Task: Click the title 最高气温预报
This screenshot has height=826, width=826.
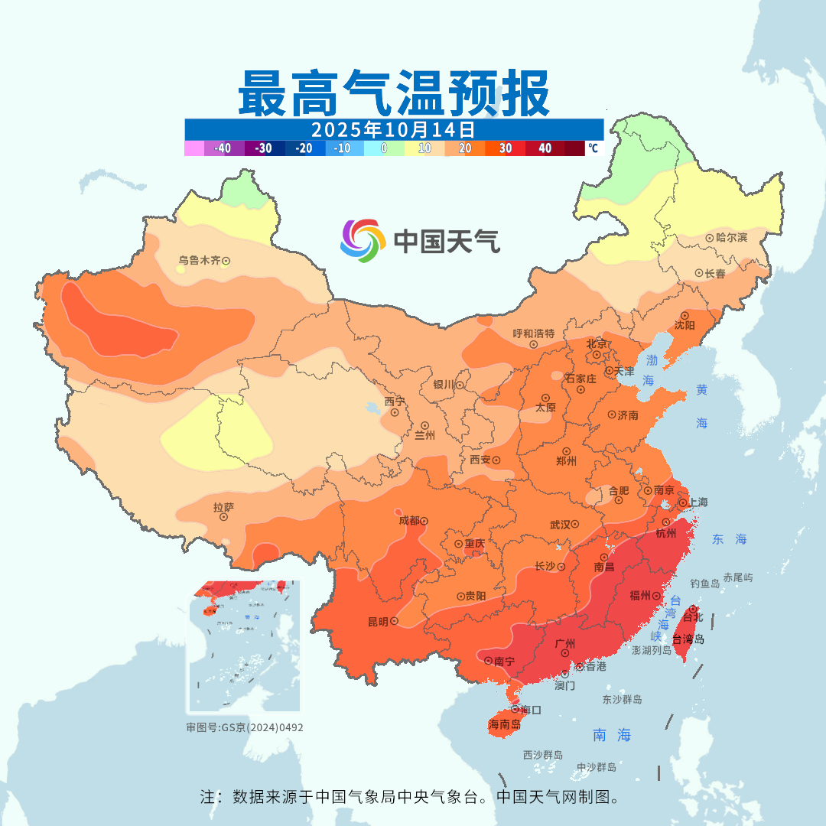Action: [x=393, y=93]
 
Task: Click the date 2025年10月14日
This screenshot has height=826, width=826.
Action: [x=393, y=128]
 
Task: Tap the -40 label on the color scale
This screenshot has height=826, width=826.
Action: [x=223, y=148]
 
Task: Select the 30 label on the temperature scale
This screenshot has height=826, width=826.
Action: [x=505, y=148]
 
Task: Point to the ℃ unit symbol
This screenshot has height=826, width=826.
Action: [x=593, y=148]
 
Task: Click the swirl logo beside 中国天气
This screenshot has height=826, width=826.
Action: [x=362, y=241]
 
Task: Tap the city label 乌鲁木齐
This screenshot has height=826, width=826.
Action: [x=199, y=261]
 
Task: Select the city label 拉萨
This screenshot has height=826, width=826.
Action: [x=223, y=506]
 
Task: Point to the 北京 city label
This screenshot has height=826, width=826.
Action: [x=596, y=343]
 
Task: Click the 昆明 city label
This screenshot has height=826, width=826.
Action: [x=378, y=621]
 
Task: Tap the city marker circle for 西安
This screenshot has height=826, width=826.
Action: [x=496, y=460]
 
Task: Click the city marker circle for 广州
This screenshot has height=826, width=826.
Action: [x=564, y=653]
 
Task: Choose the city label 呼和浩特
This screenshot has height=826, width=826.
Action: [x=538, y=333]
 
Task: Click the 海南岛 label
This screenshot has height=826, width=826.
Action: [x=504, y=724]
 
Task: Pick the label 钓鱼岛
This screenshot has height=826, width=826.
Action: [x=704, y=584]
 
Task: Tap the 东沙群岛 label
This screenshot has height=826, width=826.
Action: [x=622, y=700]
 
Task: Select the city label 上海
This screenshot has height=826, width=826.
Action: [x=698, y=502]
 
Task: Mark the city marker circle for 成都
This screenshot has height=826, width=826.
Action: [x=424, y=522]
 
